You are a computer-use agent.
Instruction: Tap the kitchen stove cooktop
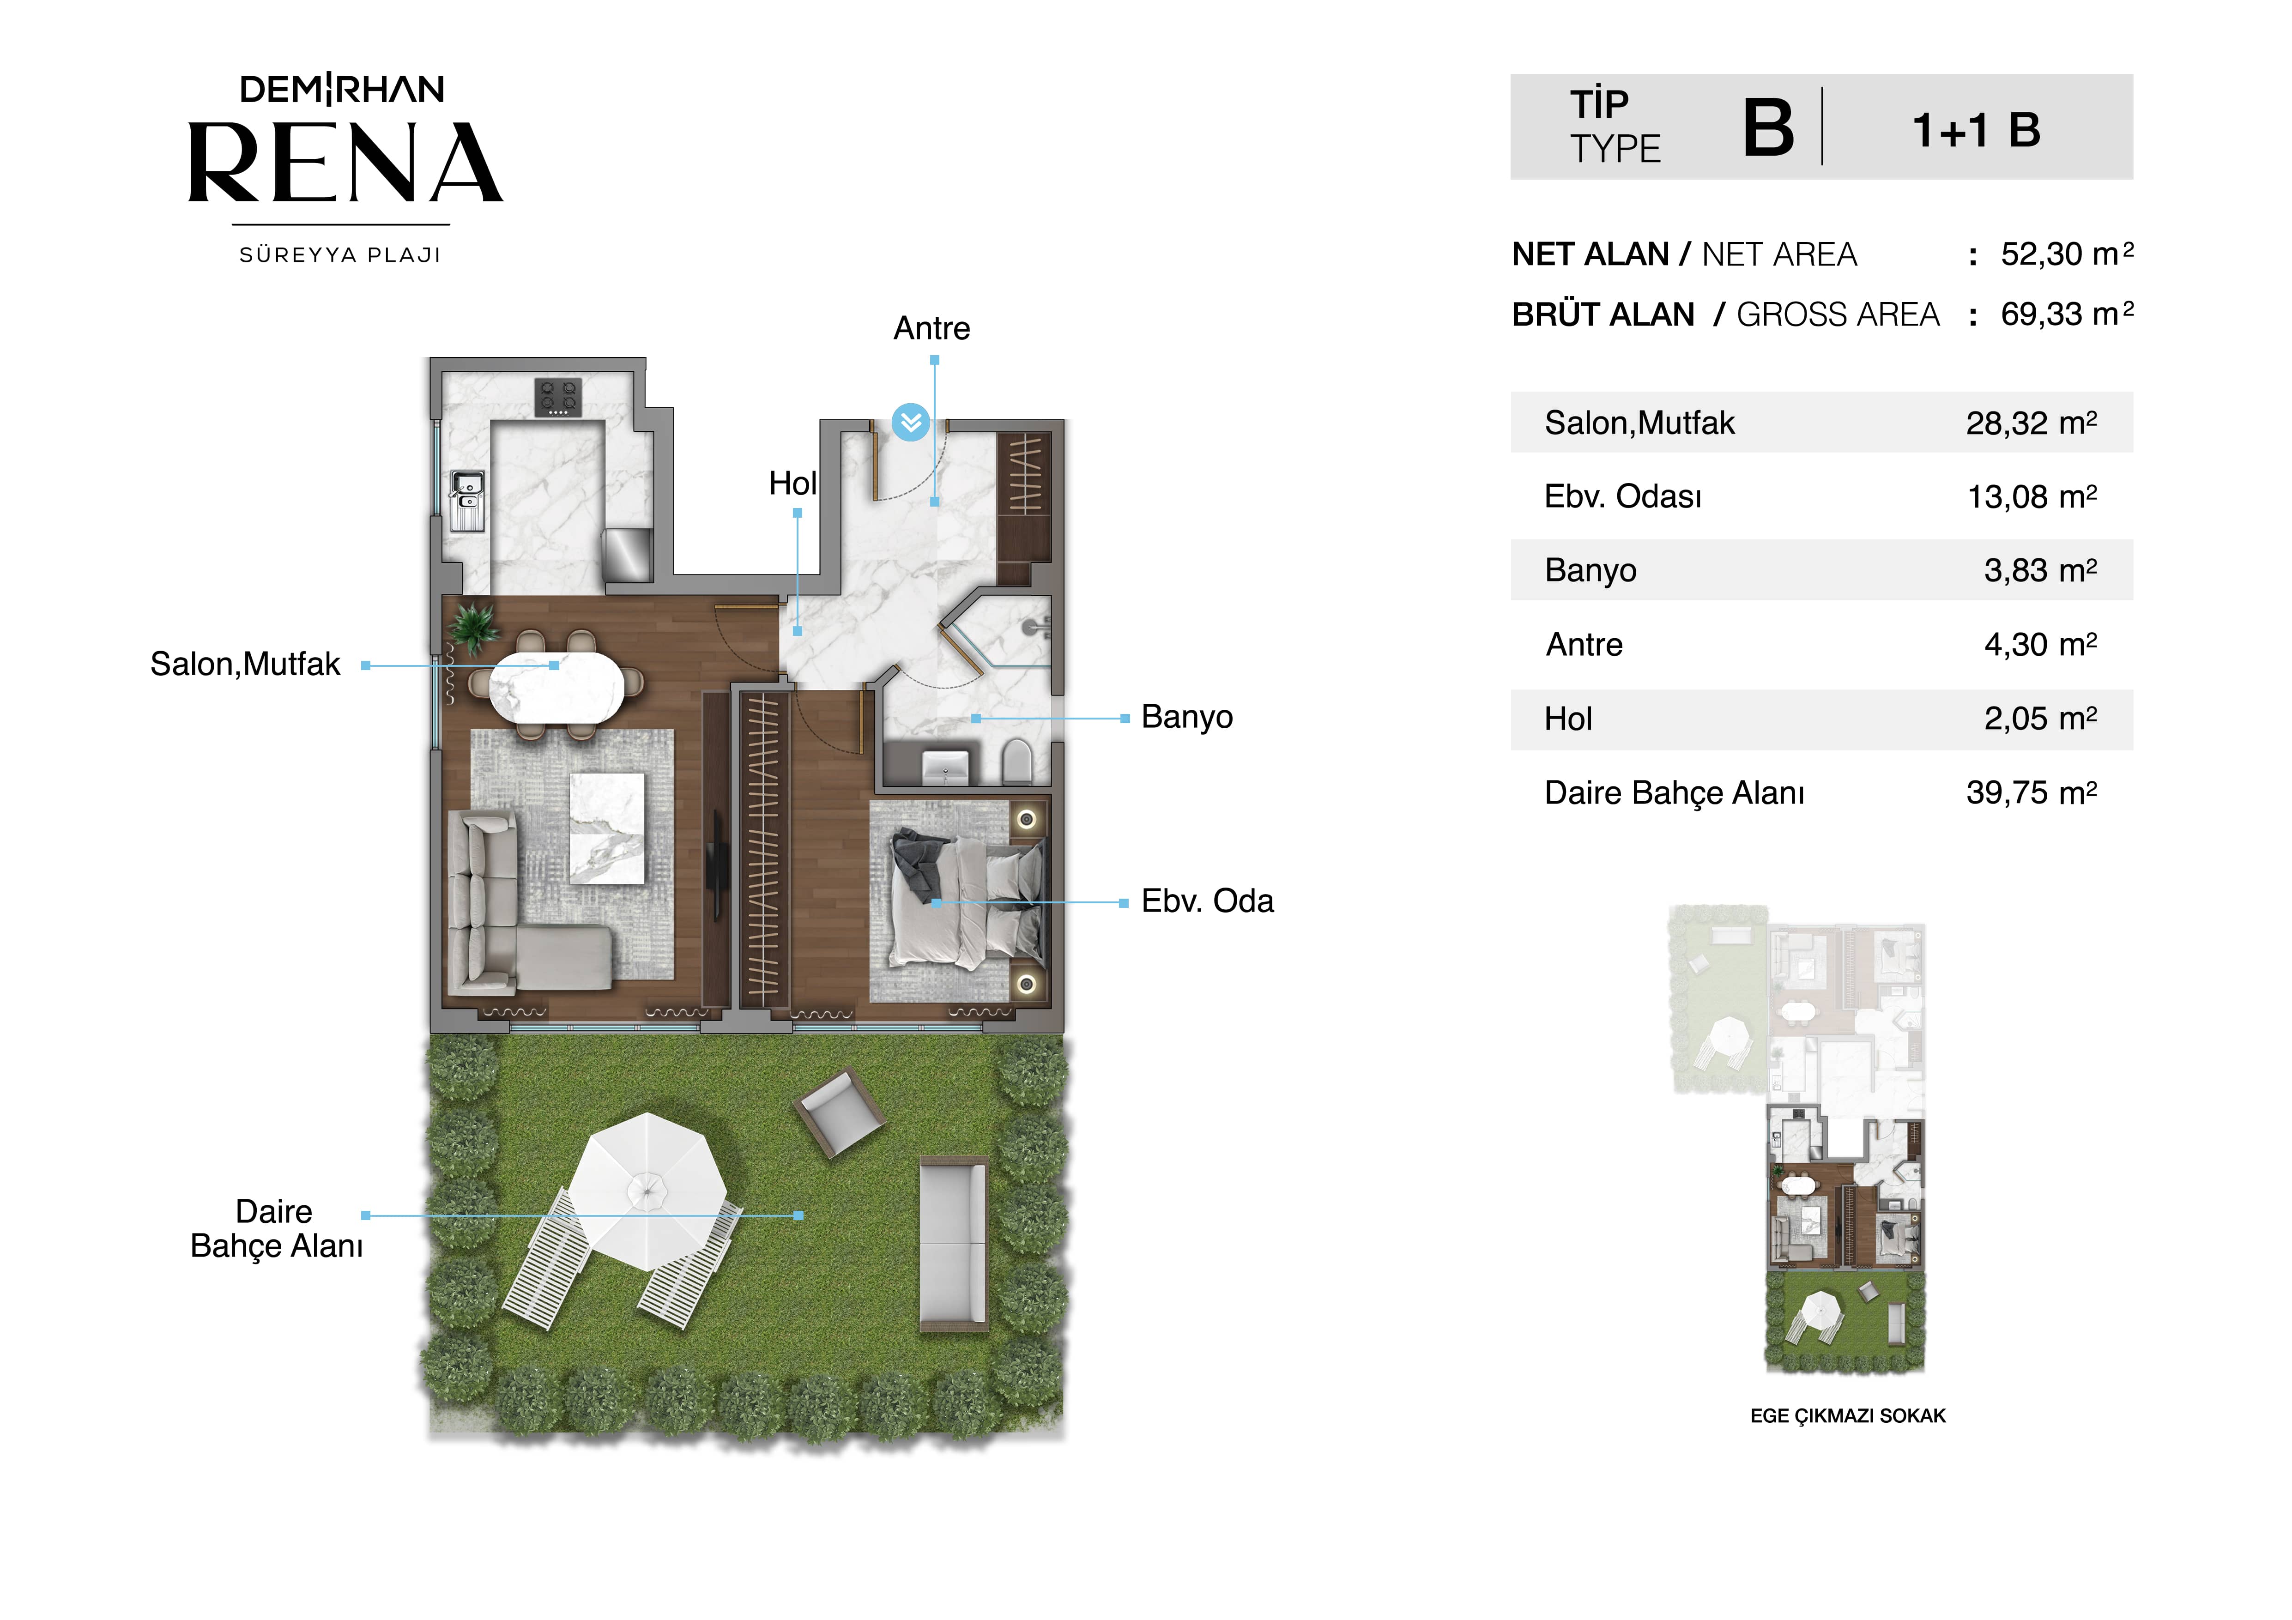[558, 396]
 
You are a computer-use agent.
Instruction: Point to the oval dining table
[556, 687]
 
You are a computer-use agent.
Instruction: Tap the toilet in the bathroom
[1016, 762]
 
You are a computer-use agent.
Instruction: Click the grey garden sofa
[953, 1244]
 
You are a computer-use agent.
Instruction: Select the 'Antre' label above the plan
[931, 328]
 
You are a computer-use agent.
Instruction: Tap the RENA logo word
[345, 163]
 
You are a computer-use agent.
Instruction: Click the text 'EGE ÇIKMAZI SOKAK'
[1848, 1415]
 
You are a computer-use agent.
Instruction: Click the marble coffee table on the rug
[607, 828]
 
